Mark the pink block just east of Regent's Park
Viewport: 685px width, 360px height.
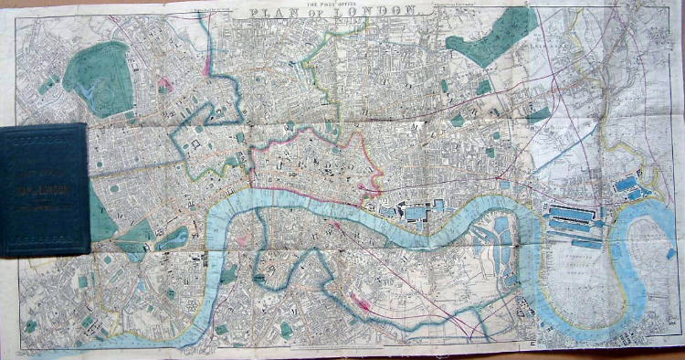tap(165, 87)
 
